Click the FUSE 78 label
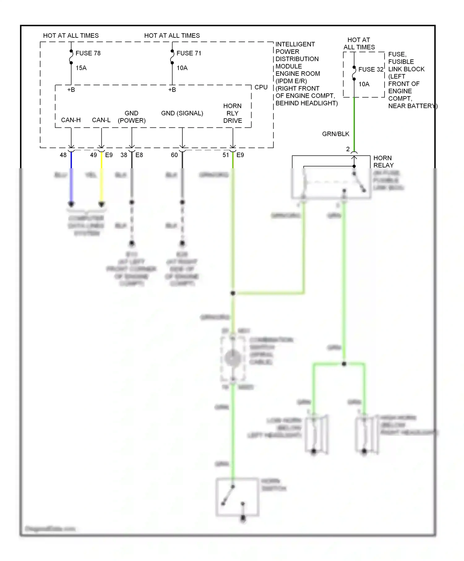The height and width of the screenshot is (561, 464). (88, 53)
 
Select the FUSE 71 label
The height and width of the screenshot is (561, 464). (189, 53)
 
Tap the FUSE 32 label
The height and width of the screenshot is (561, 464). (371, 69)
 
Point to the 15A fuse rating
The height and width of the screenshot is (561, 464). (81, 68)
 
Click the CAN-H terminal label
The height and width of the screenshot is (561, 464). (71, 120)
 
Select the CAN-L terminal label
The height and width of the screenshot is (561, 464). (101, 120)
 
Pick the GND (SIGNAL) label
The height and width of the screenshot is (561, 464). (182, 113)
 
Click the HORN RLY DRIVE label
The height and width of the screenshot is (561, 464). (232, 113)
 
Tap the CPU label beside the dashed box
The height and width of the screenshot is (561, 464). (261, 87)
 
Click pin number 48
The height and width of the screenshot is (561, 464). (63, 155)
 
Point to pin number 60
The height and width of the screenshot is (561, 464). (174, 155)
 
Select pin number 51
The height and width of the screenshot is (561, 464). (226, 155)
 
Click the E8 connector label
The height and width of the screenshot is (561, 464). (139, 155)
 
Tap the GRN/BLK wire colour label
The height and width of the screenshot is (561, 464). (335, 134)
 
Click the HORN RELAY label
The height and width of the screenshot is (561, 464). (383, 161)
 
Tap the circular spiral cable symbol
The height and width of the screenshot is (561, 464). (233, 358)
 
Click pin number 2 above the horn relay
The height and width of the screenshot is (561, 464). (348, 149)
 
